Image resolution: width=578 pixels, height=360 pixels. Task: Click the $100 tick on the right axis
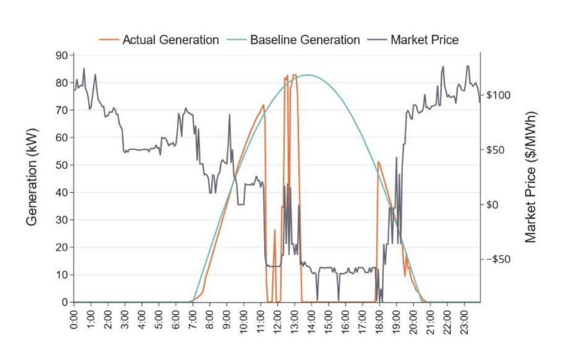499,95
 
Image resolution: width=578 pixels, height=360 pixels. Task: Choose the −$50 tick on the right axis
499,259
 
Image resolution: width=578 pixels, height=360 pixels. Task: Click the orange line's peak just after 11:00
263,105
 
